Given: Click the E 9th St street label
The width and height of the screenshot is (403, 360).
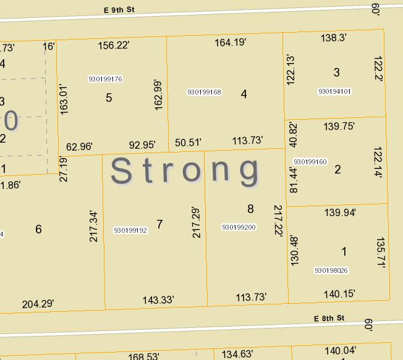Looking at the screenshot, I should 117,9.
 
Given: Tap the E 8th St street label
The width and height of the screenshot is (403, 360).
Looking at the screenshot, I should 328,318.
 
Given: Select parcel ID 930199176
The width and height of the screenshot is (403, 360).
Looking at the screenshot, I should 105,79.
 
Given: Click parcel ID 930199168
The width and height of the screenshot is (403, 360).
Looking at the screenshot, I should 204,92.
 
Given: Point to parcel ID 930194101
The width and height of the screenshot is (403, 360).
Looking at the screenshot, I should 334,91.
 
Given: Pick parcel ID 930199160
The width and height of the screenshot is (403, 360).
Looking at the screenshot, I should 310,162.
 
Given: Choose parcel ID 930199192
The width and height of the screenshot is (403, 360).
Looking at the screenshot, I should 130,230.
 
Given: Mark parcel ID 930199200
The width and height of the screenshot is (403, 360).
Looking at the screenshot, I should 239,227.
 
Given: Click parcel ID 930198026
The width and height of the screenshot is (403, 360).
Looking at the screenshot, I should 331,270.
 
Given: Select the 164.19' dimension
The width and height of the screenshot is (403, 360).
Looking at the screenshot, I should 231,43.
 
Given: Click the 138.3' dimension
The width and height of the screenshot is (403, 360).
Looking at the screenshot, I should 333,38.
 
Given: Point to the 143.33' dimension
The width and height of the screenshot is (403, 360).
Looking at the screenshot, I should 158,299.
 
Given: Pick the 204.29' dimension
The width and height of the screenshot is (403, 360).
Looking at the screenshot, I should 38,303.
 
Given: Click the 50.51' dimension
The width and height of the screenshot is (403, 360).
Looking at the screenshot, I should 188,142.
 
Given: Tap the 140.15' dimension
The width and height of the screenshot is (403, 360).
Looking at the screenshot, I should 339,294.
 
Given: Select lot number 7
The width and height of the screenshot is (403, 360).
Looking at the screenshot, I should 159,224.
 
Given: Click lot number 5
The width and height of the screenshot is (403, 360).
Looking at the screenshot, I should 109,98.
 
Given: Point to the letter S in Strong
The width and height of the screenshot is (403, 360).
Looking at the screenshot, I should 122,171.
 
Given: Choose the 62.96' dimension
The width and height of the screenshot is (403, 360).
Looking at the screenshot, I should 79,146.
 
